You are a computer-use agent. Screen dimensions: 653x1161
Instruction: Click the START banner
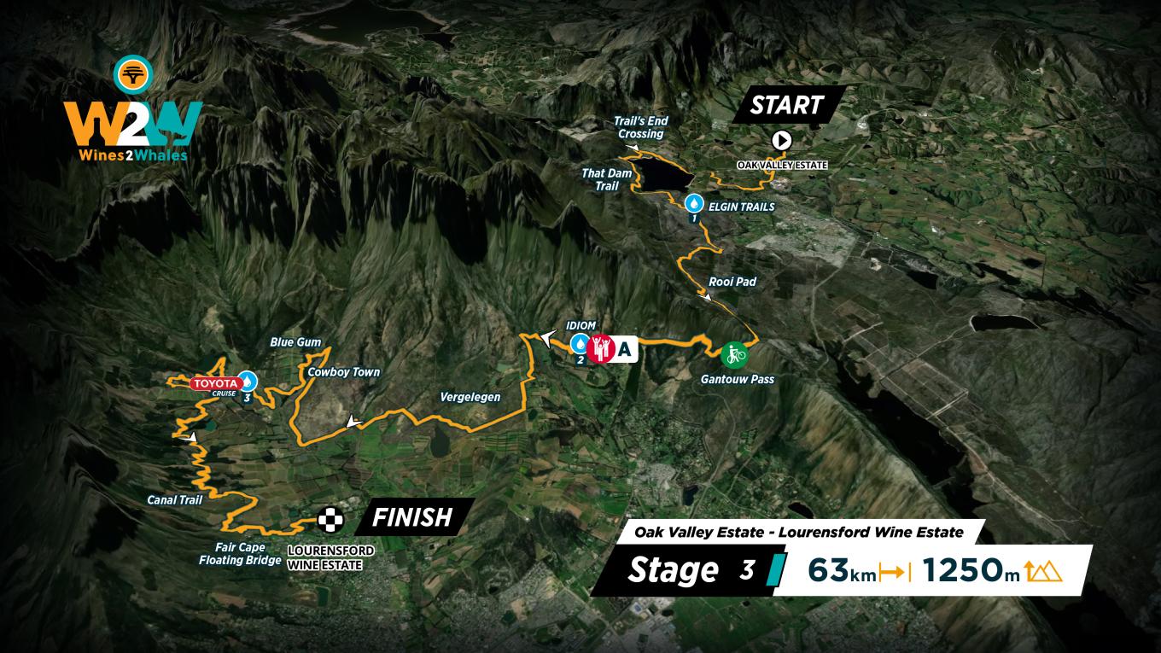click(786, 105)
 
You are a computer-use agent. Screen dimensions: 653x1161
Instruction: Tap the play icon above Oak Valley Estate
click(781, 141)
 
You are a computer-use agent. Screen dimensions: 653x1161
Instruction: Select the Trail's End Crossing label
click(639, 128)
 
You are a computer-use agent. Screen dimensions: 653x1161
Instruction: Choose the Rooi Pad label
click(732, 282)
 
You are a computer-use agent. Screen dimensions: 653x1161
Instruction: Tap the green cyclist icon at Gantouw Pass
click(732, 353)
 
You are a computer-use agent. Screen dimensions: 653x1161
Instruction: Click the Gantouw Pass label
click(738, 378)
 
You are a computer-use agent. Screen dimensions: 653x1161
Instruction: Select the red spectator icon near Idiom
click(602, 347)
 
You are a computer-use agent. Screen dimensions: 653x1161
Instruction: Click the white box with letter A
click(626, 348)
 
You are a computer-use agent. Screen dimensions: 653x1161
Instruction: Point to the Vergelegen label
click(470, 397)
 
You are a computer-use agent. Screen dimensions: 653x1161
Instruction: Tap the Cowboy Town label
click(343, 372)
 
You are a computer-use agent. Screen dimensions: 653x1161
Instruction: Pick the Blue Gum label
click(295, 342)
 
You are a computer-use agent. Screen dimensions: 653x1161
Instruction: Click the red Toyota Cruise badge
click(215, 384)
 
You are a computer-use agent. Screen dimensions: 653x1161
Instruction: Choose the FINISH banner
click(411, 516)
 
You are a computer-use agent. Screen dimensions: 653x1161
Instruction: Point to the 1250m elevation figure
click(971, 570)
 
